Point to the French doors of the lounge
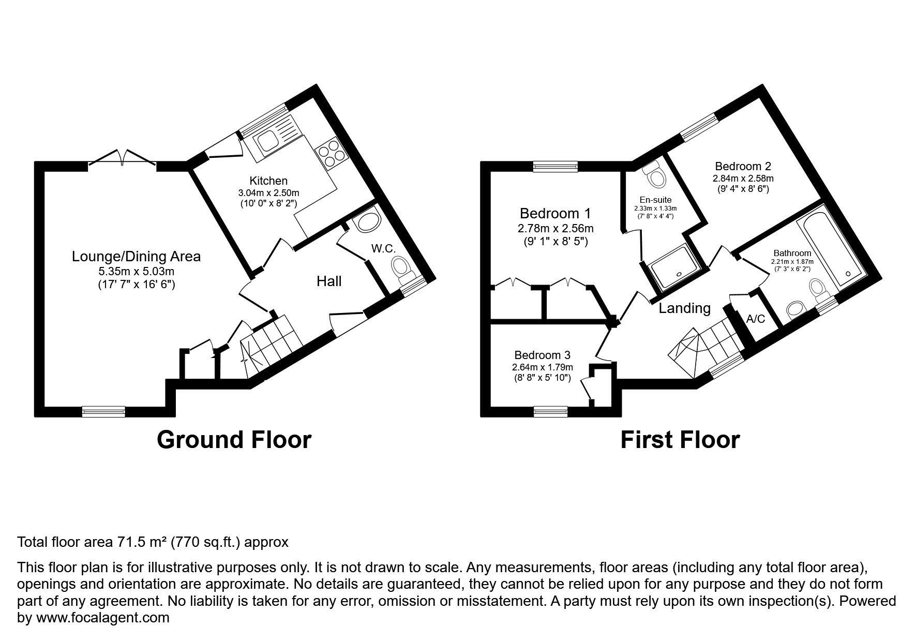pyautogui.click(x=123, y=158)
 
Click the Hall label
pyautogui.click(x=329, y=281)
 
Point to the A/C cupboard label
pyautogui.click(x=756, y=319)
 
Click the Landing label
pyautogui.click(x=684, y=308)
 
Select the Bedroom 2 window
pyautogui.click(x=700, y=127)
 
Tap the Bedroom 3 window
pyautogui.click(x=550, y=412)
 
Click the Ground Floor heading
pyautogui.click(x=234, y=440)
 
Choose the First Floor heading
pyautogui.click(x=680, y=440)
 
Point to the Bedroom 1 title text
pyautogui.click(x=555, y=213)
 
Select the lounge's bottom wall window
pyautogui.click(x=103, y=412)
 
